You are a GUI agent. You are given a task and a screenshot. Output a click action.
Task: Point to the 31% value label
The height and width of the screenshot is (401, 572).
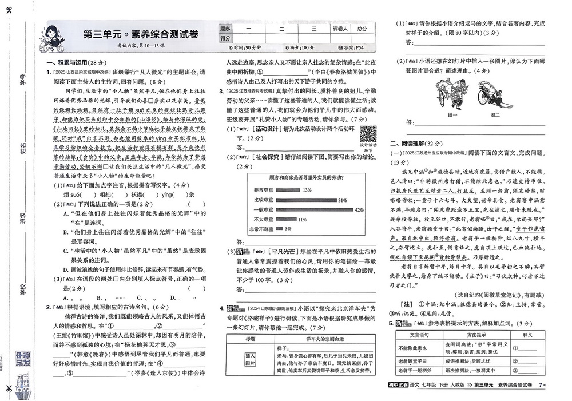point(342,201)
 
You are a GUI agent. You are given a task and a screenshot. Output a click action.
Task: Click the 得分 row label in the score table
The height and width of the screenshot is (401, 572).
point(225,38)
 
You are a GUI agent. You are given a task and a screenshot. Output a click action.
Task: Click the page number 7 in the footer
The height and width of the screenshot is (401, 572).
point(540,385)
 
